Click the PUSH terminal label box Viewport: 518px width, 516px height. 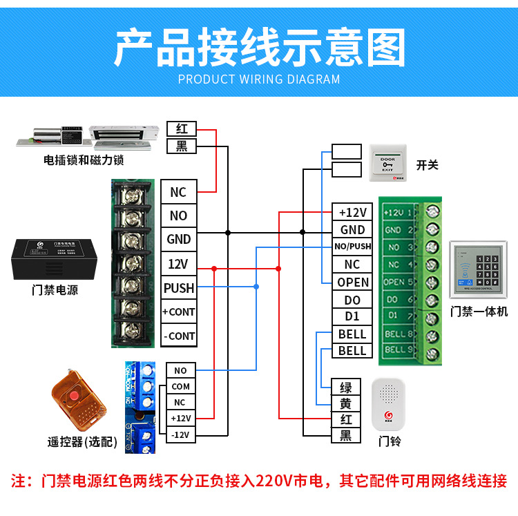(178, 288)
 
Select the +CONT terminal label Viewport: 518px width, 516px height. (178, 312)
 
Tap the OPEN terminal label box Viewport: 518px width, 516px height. (352, 283)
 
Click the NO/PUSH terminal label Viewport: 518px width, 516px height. (352, 247)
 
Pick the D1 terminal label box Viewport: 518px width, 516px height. (352, 317)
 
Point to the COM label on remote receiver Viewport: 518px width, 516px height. (180, 387)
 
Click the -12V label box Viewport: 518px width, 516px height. (180, 434)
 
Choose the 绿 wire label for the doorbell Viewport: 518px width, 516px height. (346, 388)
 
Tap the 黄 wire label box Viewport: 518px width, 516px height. (346, 403)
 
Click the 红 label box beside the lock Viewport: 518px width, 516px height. (182, 129)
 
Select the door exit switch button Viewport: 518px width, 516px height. (388, 164)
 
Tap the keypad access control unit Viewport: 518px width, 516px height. (479, 271)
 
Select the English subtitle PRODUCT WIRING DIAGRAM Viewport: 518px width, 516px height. (259, 79)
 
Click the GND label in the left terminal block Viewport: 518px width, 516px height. (178, 240)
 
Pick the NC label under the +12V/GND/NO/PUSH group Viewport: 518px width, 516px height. (352, 265)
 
